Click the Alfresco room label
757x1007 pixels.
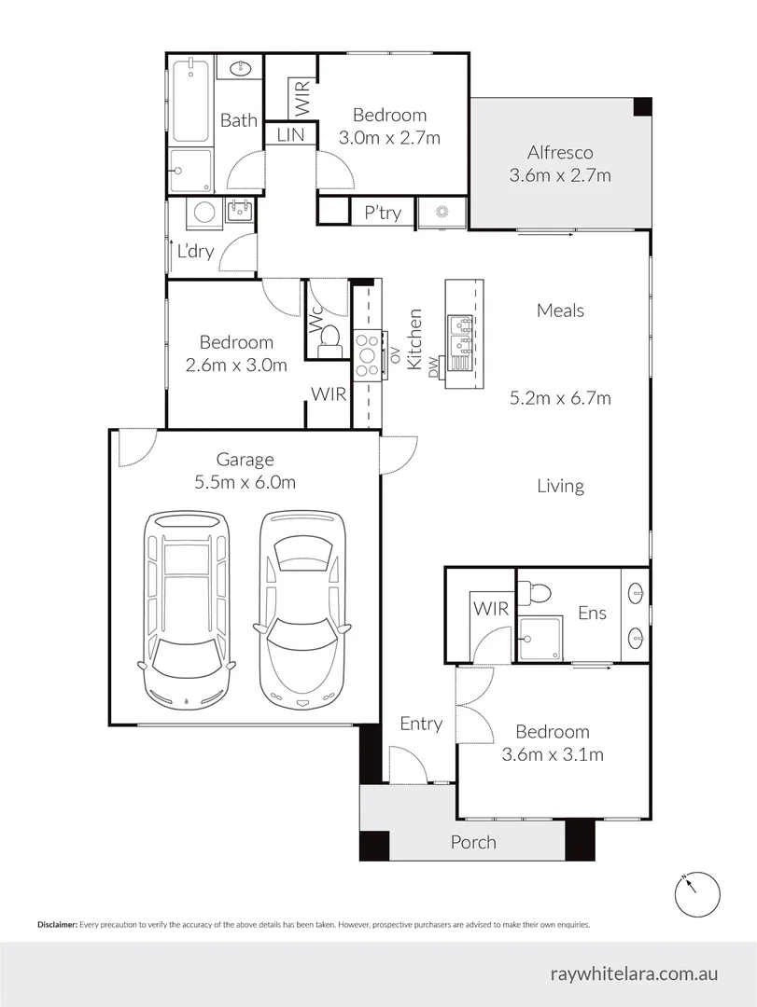tap(560, 153)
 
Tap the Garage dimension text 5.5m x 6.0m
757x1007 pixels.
tap(245, 482)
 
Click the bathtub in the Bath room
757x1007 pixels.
tap(190, 100)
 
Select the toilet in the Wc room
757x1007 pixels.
tap(329, 340)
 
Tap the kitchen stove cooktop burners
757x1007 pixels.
tap(367, 354)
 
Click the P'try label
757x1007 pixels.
tap(383, 213)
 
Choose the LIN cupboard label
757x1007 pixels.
tap(290, 135)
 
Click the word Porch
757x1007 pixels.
tap(473, 842)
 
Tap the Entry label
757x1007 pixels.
tap(421, 724)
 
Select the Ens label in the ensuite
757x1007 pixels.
tap(593, 613)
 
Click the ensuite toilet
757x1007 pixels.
tap(535, 592)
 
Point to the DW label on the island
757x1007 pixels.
tap(433, 366)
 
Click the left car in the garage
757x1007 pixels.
tap(186, 610)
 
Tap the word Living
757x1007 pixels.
tap(561, 486)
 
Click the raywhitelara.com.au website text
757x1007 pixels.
tap(634, 973)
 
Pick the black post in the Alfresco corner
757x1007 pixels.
tap(642, 106)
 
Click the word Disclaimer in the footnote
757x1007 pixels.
tap(57, 925)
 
